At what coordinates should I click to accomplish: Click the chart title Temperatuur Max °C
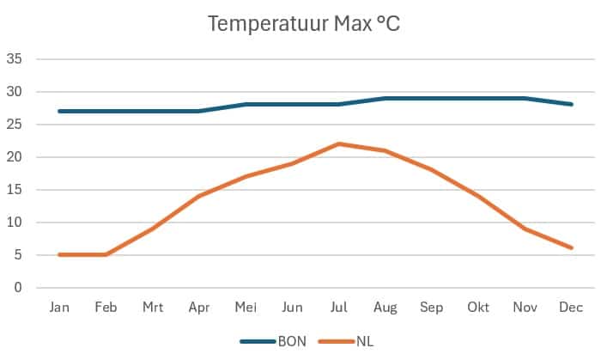tap(304, 24)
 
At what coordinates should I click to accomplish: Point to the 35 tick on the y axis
tap(14, 59)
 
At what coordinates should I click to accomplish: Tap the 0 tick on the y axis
tap(17, 288)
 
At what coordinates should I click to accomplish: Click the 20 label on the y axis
tap(14, 157)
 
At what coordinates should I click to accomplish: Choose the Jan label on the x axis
tap(59, 307)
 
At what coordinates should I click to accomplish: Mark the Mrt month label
tap(153, 307)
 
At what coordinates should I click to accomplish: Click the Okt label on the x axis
tap(477, 307)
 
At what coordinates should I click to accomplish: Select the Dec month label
tap(571, 307)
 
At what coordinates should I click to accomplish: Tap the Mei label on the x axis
tap(246, 307)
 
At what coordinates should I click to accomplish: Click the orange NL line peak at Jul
tap(339, 143)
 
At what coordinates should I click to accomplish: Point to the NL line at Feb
tap(106, 254)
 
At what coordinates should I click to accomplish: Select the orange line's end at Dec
tap(571, 248)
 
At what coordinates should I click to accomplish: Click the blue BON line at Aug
tap(385, 98)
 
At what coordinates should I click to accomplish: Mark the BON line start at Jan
tap(59, 111)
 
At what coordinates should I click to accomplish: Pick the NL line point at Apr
tap(199, 196)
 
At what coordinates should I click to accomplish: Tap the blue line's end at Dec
tap(571, 104)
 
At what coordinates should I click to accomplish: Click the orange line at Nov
tap(524, 229)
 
